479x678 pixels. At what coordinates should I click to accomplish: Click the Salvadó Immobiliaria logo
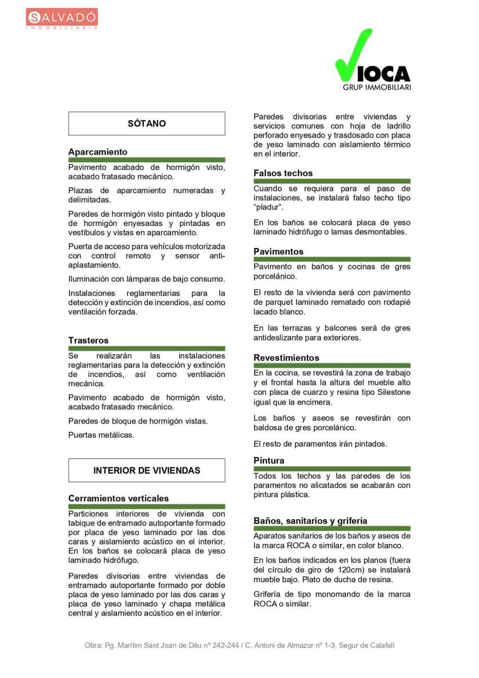coord(62,18)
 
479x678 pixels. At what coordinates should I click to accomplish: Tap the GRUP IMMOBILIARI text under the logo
coord(376,88)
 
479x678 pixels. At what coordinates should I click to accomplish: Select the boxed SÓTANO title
coord(147,123)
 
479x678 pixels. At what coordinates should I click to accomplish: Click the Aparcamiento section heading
coord(98,152)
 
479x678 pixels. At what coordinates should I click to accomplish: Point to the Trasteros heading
coord(88,340)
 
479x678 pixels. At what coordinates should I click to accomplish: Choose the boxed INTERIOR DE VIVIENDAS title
coord(147,470)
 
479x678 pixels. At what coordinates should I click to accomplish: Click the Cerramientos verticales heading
coord(118,498)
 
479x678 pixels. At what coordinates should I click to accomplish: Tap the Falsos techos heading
coord(282,173)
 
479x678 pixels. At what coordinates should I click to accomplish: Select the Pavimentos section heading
coord(278,251)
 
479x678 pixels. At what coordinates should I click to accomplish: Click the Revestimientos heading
coord(286,358)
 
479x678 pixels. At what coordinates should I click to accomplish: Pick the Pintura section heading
coord(269,460)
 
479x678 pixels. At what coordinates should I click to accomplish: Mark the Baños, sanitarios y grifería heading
coord(310,521)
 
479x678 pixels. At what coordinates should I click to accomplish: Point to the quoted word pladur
coord(268,208)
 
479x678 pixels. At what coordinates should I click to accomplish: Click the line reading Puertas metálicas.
coord(101,435)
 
